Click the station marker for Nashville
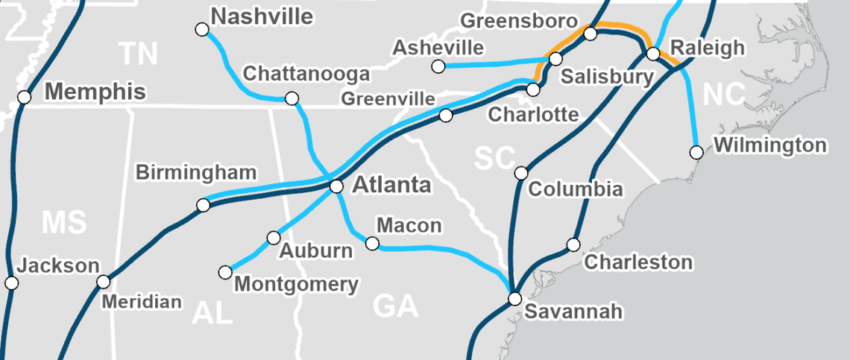click(201, 30)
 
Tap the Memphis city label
click(95, 92)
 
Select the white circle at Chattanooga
click(292, 98)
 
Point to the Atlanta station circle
click(336, 186)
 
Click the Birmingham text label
click(196, 172)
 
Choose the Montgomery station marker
click(225, 273)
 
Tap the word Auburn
click(315, 250)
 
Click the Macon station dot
click(373, 243)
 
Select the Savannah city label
click(573, 311)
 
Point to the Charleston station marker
click(573, 244)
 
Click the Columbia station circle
click(521, 174)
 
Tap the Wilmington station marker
click(696, 152)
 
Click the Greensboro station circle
click(591, 33)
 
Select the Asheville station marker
click(438, 67)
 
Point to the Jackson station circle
click(11, 282)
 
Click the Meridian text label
click(142, 302)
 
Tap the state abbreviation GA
click(395, 306)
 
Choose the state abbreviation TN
click(139, 54)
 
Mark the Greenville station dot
click(446, 115)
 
